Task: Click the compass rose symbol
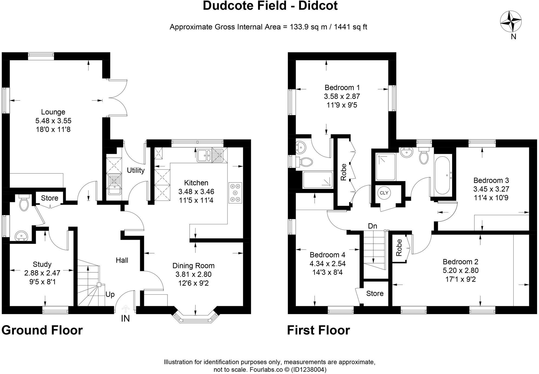coord(511,22)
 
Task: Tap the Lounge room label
coord(53,112)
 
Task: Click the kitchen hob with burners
coord(235,193)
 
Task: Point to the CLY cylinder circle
coord(384,193)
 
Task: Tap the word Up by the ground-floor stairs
coord(110,294)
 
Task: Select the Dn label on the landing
coord(372,226)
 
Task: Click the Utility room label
coord(136,170)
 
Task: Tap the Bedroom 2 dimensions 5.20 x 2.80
coord(460,270)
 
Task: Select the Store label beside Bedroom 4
coord(375,293)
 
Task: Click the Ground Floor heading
coord(42,330)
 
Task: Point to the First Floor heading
coord(318,330)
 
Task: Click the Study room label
coord(42,264)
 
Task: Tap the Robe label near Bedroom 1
coord(343,172)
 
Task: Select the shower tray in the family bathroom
coord(386,166)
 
